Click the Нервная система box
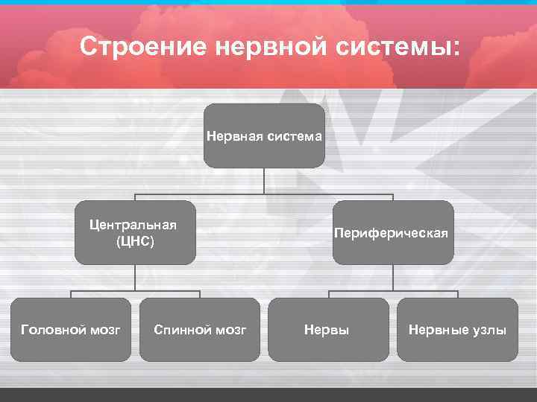[265, 135]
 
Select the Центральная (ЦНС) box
[135, 232]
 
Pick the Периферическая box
[392, 232]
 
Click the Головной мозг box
[71, 329]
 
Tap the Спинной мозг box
[200, 329]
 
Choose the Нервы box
[327, 329]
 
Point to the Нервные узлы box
[457, 329]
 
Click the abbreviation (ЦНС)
[135, 242]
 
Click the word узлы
[489, 329]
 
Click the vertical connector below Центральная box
[135, 276]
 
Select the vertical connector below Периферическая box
[393, 276]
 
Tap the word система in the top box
[292, 136]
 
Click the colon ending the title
[456, 49]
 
